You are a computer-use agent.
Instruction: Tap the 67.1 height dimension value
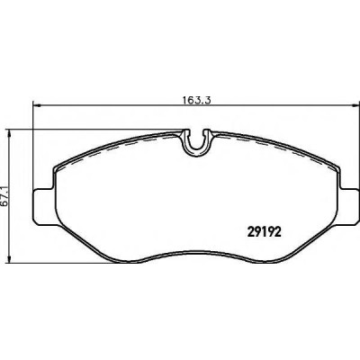click(x=4, y=194)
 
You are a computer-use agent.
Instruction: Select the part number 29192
click(x=264, y=232)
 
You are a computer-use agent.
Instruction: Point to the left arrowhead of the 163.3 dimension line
click(x=36, y=105)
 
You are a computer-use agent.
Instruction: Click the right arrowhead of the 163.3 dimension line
click(x=355, y=105)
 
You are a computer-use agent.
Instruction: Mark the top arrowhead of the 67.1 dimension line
click(x=10, y=134)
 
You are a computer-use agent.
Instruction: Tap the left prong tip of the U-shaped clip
click(x=186, y=131)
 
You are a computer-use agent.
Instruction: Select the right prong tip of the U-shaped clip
click(x=208, y=131)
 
